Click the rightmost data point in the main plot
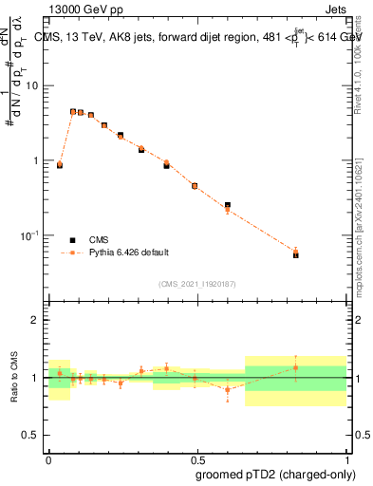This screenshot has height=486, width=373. pos(296,254)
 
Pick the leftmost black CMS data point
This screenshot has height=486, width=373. pos(60,165)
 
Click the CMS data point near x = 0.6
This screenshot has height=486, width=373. pos(228,205)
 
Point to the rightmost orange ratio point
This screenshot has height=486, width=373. pos(296,367)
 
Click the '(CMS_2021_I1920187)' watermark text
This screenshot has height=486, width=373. pos(197,284)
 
